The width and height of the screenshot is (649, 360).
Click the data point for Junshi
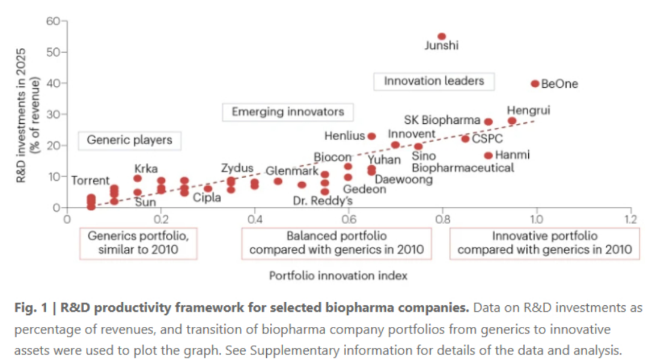point(442,37)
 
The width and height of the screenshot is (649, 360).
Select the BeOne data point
point(535,84)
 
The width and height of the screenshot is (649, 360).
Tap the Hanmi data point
point(489,156)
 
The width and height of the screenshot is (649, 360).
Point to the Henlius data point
point(372,136)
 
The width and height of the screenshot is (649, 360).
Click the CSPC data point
point(465,139)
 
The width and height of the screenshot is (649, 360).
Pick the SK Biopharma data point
point(489,121)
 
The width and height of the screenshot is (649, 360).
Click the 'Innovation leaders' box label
point(434,81)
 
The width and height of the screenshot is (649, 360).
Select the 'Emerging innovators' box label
point(288,112)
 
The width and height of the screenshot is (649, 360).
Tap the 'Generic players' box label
point(130,140)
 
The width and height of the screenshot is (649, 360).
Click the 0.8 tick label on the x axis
point(442,219)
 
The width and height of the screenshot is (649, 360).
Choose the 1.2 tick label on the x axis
point(630,219)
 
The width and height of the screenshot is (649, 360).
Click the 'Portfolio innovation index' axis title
point(338,276)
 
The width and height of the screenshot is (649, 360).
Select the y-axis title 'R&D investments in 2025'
point(20,115)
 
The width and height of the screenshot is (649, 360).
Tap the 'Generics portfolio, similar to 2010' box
point(138,243)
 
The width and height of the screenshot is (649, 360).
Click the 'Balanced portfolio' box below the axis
point(337,243)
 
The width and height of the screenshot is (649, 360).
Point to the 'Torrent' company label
point(90,180)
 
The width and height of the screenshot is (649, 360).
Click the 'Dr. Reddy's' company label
point(323,201)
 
